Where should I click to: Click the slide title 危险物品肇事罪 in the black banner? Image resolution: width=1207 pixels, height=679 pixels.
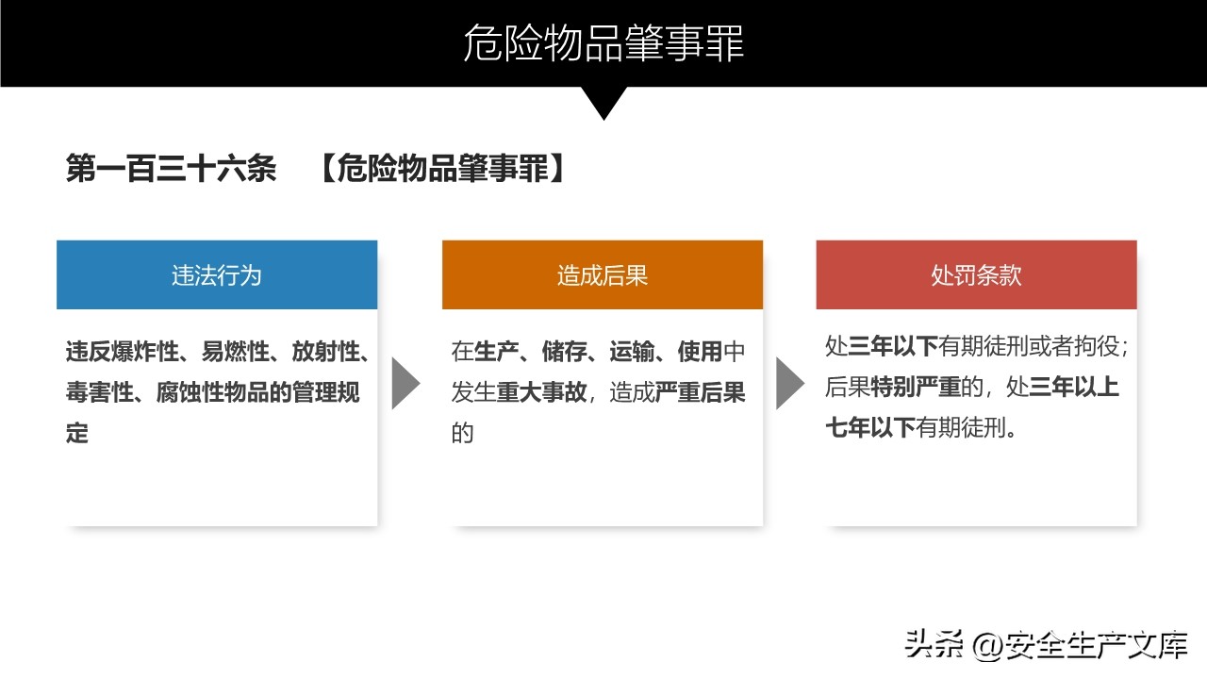coord(603,43)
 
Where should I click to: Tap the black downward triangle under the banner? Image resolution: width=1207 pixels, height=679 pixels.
coord(603,100)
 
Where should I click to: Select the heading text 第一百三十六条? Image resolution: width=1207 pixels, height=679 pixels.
coord(172,168)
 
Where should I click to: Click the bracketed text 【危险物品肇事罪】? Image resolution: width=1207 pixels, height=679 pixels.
coord(443,168)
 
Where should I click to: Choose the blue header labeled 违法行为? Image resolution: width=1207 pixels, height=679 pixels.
coord(217,274)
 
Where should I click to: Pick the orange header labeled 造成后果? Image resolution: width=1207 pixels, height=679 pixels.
coord(603,274)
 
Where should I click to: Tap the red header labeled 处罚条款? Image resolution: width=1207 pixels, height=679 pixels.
coord(976,274)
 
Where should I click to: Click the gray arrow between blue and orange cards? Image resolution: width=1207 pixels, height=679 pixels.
coord(405,383)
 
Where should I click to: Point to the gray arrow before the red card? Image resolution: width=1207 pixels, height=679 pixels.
coord(790,383)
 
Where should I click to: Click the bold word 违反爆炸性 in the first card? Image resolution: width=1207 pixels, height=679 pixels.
coord(123,352)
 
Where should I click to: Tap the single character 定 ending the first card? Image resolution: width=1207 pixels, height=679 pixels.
coord(77,433)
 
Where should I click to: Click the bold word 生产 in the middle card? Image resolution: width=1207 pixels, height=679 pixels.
coord(496,352)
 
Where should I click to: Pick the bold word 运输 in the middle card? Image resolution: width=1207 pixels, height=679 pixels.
coord(632,352)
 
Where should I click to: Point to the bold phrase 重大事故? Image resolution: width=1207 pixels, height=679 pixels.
coord(541,392)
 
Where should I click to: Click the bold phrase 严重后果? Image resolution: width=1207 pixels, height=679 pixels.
coord(701,392)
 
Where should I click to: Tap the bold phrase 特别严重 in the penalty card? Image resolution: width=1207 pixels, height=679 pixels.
coord(916,387)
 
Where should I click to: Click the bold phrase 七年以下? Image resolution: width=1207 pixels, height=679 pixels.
coord(870,428)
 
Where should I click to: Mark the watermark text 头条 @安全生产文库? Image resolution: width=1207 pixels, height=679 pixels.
coord(1047,644)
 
